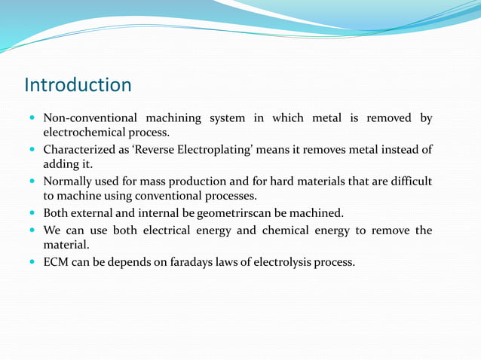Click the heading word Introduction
point(78,84)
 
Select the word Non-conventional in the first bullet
point(90,118)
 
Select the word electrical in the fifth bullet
point(170,230)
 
